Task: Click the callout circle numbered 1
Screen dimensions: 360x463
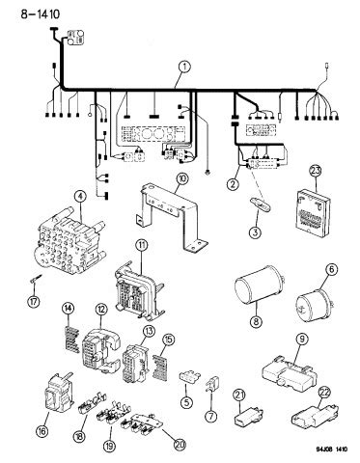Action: (184, 68)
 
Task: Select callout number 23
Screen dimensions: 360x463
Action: (316, 171)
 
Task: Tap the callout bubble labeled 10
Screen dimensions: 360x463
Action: (182, 179)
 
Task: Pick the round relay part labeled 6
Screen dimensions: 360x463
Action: (311, 301)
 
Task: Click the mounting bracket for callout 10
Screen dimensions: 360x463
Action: (170, 216)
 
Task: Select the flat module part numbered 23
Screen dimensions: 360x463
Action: (313, 210)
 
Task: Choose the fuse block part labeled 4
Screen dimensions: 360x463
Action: (69, 244)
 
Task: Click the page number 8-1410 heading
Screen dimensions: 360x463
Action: (41, 14)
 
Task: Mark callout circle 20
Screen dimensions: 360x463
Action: (180, 444)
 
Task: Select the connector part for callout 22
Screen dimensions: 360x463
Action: (315, 417)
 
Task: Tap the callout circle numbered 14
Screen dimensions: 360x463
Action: (68, 308)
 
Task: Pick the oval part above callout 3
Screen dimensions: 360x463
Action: (262, 204)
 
